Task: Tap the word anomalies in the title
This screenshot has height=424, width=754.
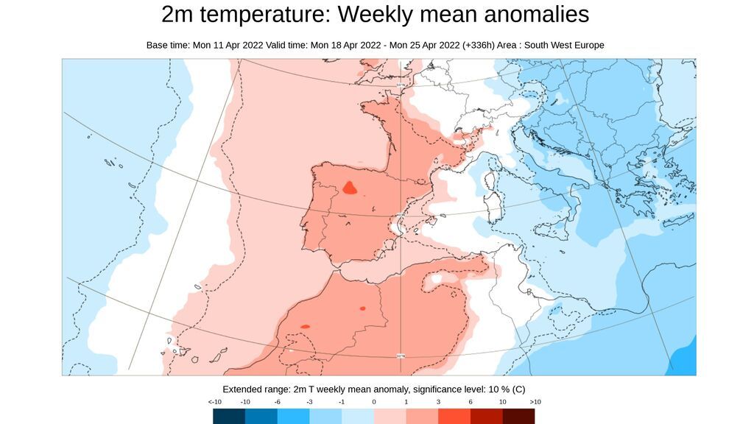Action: click(532, 15)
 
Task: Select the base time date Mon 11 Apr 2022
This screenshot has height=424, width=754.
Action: click(228, 46)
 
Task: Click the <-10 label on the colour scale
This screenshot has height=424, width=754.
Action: click(215, 402)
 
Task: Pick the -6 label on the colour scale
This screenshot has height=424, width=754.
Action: click(278, 402)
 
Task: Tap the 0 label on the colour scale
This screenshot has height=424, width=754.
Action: click(374, 402)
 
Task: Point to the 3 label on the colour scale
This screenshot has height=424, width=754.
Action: click(439, 402)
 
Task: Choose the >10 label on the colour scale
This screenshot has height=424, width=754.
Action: click(535, 402)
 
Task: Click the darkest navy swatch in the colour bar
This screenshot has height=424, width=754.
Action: click(229, 417)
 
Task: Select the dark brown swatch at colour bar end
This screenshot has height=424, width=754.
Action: click(518, 417)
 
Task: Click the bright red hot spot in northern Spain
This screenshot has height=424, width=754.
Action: click(350, 188)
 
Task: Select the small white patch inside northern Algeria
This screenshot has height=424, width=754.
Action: click(437, 279)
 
